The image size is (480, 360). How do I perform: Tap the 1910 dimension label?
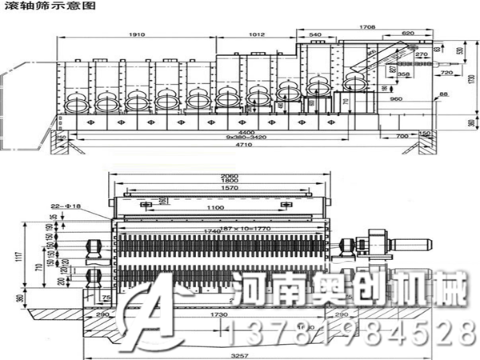point(136,35)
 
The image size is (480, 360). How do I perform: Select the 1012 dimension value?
point(256,35)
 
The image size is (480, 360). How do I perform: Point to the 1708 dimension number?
point(367,27)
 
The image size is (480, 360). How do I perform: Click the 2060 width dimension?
point(230,174)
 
